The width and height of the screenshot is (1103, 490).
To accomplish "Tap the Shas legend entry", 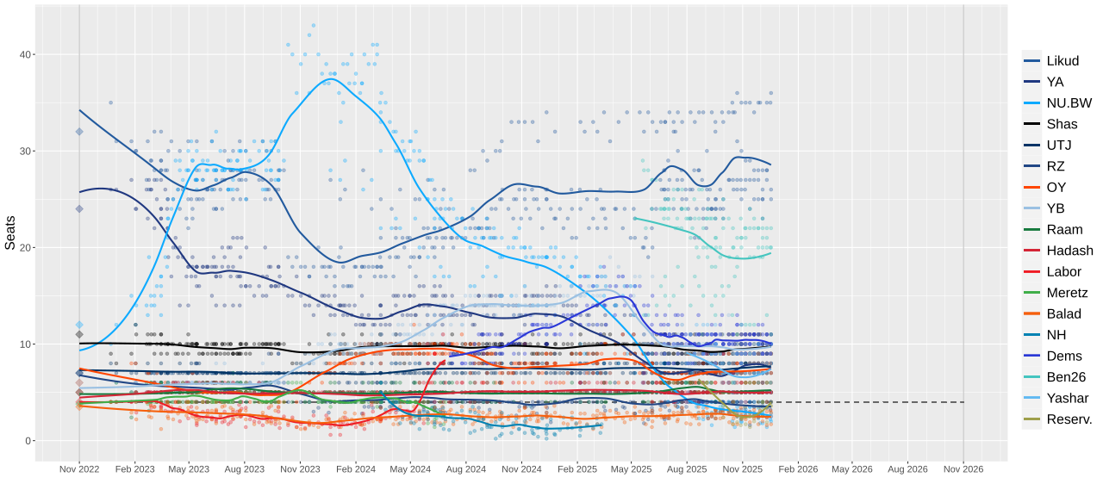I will (1061, 124).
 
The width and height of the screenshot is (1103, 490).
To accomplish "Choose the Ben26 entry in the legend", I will (1065, 377).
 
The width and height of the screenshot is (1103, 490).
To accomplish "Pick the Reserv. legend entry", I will (1069, 419).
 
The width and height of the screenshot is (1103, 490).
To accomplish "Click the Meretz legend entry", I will (1067, 293).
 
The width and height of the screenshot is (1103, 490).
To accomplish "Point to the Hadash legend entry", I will (1069, 251).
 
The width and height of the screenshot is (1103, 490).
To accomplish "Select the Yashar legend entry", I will (1068, 398).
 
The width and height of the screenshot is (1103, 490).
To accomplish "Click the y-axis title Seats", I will (10, 233).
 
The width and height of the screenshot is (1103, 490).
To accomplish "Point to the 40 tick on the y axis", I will (27, 54).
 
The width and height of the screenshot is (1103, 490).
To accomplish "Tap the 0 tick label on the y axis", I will (29, 441).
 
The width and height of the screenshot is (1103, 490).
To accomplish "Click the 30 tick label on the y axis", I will (27, 152).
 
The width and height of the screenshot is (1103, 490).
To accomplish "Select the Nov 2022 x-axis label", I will (79, 470).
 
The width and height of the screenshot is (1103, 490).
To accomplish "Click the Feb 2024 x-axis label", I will (355, 470).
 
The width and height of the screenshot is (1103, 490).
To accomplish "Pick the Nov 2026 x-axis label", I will (963, 470).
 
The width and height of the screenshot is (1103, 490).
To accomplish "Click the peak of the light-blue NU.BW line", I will (332, 80).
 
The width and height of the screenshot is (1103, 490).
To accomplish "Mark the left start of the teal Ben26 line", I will (634, 218).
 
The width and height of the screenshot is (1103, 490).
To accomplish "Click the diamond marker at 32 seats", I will (79, 132).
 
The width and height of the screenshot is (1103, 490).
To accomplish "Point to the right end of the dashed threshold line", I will (963, 402).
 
